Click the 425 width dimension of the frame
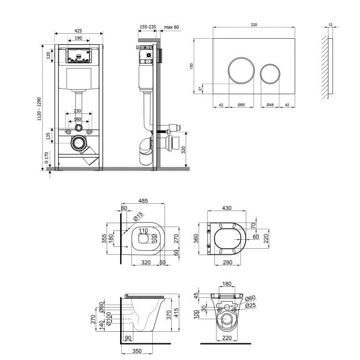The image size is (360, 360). tap(78, 30)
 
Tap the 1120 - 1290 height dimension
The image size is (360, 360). tap(39, 109)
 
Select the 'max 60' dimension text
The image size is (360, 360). tap(171, 27)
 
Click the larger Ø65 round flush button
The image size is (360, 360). tap(241, 70)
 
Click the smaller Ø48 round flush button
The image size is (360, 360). tap(270, 74)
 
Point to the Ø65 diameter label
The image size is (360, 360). tap(241, 105)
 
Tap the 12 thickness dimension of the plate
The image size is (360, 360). tap(331, 24)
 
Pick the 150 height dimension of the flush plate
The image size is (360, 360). tap(192, 66)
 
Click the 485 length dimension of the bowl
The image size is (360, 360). tap(143, 201)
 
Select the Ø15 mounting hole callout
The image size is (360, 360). tap(138, 216)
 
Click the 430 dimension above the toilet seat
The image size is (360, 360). tap(227, 208)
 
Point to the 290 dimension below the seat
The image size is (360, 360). tap(228, 262)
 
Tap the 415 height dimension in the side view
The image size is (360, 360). tap(176, 312)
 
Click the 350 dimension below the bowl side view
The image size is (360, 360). tap(137, 351)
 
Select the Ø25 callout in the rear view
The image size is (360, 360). tap(250, 305)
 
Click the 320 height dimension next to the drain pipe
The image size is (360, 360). tap(183, 150)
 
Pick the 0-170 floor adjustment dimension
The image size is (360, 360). tap(47, 158)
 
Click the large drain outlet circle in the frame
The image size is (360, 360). tap(79, 143)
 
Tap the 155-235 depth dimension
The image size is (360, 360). tap(148, 27)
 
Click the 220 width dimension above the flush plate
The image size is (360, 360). tap(254, 24)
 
